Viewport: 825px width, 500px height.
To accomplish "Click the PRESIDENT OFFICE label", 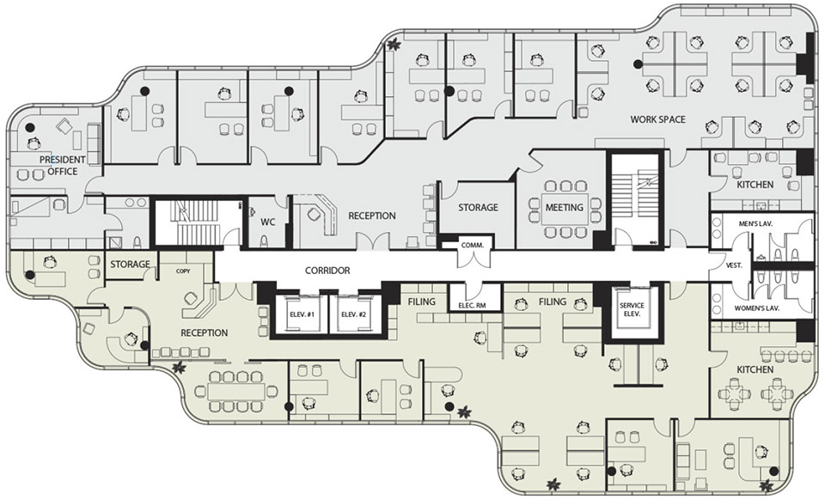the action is pos(62,165).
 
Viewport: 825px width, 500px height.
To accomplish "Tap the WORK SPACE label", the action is pos(657,119).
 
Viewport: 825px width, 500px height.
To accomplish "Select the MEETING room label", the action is pos(564,207).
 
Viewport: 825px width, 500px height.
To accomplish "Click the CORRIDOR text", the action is pos(327,271).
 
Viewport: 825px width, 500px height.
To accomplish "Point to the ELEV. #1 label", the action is pos(302,314).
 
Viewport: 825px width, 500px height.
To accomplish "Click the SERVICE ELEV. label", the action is pos(632,309).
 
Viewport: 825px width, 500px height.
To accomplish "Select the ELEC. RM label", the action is pos(472,304).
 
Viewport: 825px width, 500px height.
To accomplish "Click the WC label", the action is pos(268,222).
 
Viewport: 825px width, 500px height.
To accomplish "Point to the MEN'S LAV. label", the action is pos(755,224).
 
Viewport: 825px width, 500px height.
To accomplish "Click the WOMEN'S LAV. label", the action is pos(756,308).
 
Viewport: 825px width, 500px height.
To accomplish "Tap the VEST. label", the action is pos(734,265).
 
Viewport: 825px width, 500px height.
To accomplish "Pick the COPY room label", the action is pos(183,271).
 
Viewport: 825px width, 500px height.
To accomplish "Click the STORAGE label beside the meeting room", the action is pos(478,207).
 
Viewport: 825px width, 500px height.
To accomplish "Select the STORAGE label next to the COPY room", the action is pos(130,264).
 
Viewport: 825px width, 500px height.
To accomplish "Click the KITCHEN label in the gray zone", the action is pos(755,185).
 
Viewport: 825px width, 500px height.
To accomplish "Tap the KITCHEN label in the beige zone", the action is pos(755,369).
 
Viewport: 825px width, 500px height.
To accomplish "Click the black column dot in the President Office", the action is pos(31,127).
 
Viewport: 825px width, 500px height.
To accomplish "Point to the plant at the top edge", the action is pos(392,45).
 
